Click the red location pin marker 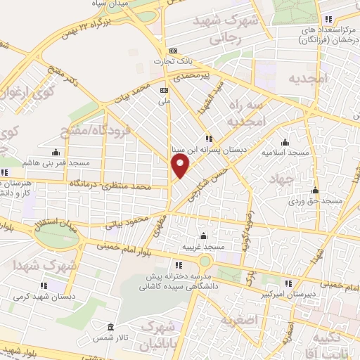pos(181,165)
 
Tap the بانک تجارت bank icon pos(173,51)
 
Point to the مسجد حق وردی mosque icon pos(316,190)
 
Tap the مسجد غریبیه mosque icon pos(203,236)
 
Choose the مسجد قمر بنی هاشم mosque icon pos(56,151)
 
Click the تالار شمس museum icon pos(110,328)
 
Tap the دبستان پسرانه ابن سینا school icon pos(207,139)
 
